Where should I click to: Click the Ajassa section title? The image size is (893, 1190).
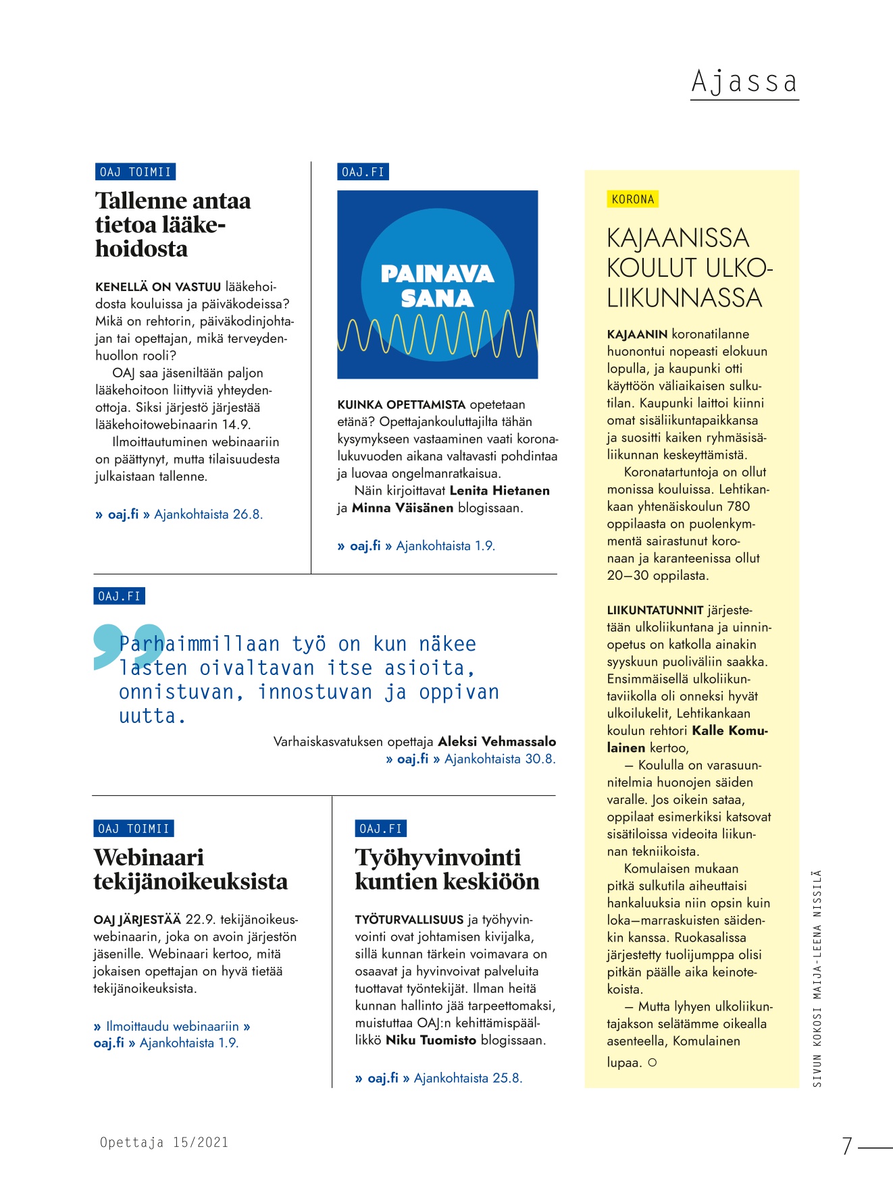point(744,82)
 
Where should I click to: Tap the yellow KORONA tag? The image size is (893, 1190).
point(632,199)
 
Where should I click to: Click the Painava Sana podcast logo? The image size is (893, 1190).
point(437,284)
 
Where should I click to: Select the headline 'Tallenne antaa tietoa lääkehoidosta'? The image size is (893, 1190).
point(173,225)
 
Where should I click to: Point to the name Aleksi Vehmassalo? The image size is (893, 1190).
point(496,741)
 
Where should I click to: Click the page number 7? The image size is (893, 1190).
point(847,1145)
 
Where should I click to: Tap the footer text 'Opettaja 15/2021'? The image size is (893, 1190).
point(164,1142)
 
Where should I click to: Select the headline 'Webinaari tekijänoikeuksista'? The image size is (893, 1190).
point(190,869)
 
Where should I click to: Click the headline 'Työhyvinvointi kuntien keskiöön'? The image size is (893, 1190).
point(447,869)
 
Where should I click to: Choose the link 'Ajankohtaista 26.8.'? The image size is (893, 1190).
point(208,514)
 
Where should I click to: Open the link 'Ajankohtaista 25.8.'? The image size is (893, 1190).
point(467,1078)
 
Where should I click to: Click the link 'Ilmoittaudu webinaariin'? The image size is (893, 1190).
point(172,1026)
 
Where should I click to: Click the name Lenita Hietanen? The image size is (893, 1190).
point(499,491)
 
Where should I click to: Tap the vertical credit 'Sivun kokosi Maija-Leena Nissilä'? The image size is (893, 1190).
point(817,978)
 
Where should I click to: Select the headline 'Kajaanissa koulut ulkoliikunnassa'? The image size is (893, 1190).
point(688,268)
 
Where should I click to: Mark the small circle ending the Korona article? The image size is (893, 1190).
point(652,1062)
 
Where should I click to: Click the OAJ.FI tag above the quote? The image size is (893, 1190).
point(119,596)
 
